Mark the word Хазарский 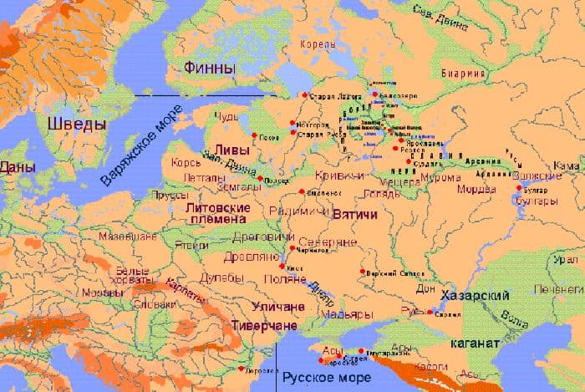[x=481, y=297]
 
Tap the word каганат [x=474, y=343]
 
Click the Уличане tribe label [x=272, y=307]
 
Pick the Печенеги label [x=560, y=289]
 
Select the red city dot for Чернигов [x=292, y=247]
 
